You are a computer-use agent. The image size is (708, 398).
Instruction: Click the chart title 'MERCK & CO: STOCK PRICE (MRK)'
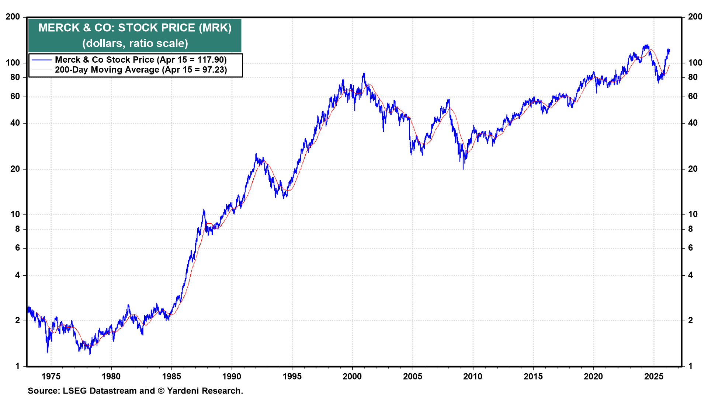coord(135,28)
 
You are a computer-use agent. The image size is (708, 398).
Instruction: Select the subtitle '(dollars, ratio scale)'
coord(135,43)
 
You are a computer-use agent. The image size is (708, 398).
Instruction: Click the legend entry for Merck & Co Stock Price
coord(140,60)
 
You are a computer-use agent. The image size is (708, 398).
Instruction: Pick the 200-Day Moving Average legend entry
coord(140,70)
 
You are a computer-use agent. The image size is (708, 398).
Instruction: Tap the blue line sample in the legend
coord(41,60)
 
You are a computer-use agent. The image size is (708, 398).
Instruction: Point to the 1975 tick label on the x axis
coord(51,376)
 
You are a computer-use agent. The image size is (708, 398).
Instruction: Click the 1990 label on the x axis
coord(232,376)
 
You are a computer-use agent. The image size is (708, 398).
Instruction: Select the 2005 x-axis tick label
coord(412,376)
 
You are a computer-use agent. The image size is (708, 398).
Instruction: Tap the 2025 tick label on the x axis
coord(653,376)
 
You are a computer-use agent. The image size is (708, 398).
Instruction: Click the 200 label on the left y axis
coord(13,17)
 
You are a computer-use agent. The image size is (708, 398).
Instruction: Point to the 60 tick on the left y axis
coord(15,97)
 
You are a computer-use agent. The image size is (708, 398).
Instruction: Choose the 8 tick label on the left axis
coord(17,229)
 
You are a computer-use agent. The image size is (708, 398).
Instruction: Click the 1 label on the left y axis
coord(17,366)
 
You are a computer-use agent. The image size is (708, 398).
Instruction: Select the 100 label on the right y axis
coord(695,63)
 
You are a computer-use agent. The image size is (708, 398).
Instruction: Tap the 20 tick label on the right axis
coord(693,169)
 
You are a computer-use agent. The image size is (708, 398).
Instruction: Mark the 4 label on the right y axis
coord(691,275)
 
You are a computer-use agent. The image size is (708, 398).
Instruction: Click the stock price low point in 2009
coord(463,169)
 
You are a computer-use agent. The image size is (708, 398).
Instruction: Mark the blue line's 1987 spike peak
coord(204,210)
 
